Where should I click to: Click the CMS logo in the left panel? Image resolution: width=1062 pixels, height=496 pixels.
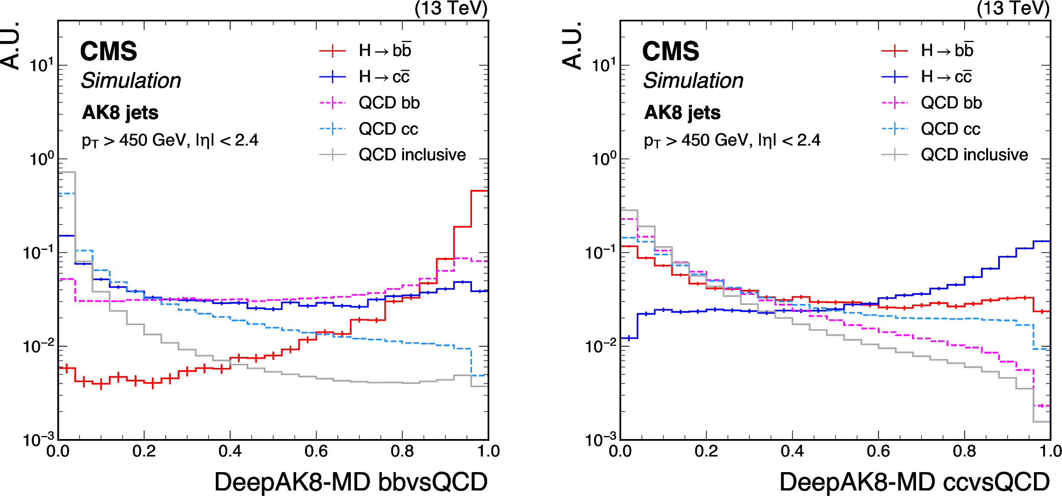click(108, 51)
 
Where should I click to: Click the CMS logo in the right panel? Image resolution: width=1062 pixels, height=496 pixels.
click(670, 51)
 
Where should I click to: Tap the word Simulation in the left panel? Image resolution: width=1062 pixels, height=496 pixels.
click(131, 81)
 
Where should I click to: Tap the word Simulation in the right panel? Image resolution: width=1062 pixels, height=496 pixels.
click(693, 81)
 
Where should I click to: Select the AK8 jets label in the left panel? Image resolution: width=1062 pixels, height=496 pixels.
click(120, 113)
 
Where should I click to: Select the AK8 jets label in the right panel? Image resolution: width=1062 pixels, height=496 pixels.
click(682, 113)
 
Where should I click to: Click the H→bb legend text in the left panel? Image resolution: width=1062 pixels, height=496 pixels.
click(385, 51)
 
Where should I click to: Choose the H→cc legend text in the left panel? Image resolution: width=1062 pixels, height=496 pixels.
click(384, 77)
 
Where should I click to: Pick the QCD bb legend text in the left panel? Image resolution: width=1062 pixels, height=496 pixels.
click(389, 103)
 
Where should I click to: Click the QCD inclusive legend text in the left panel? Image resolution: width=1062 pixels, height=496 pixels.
click(412, 155)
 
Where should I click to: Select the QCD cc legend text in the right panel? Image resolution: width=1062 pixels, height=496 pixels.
click(950, 129)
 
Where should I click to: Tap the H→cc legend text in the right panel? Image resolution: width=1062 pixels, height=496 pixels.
click(946, 77)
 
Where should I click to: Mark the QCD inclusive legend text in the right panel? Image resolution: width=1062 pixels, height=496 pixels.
click(974, 155)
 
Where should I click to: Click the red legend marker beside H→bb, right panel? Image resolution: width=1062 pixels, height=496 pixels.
click(894, 51)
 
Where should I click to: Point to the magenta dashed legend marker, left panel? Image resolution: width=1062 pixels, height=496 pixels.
click(332, 103)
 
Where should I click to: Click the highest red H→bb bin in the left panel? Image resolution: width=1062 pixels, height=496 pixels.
click(479, 191)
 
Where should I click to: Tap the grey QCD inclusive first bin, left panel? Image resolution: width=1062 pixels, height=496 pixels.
click(67, 172)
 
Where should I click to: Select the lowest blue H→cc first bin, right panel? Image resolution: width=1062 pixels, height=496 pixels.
click(629, 338)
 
